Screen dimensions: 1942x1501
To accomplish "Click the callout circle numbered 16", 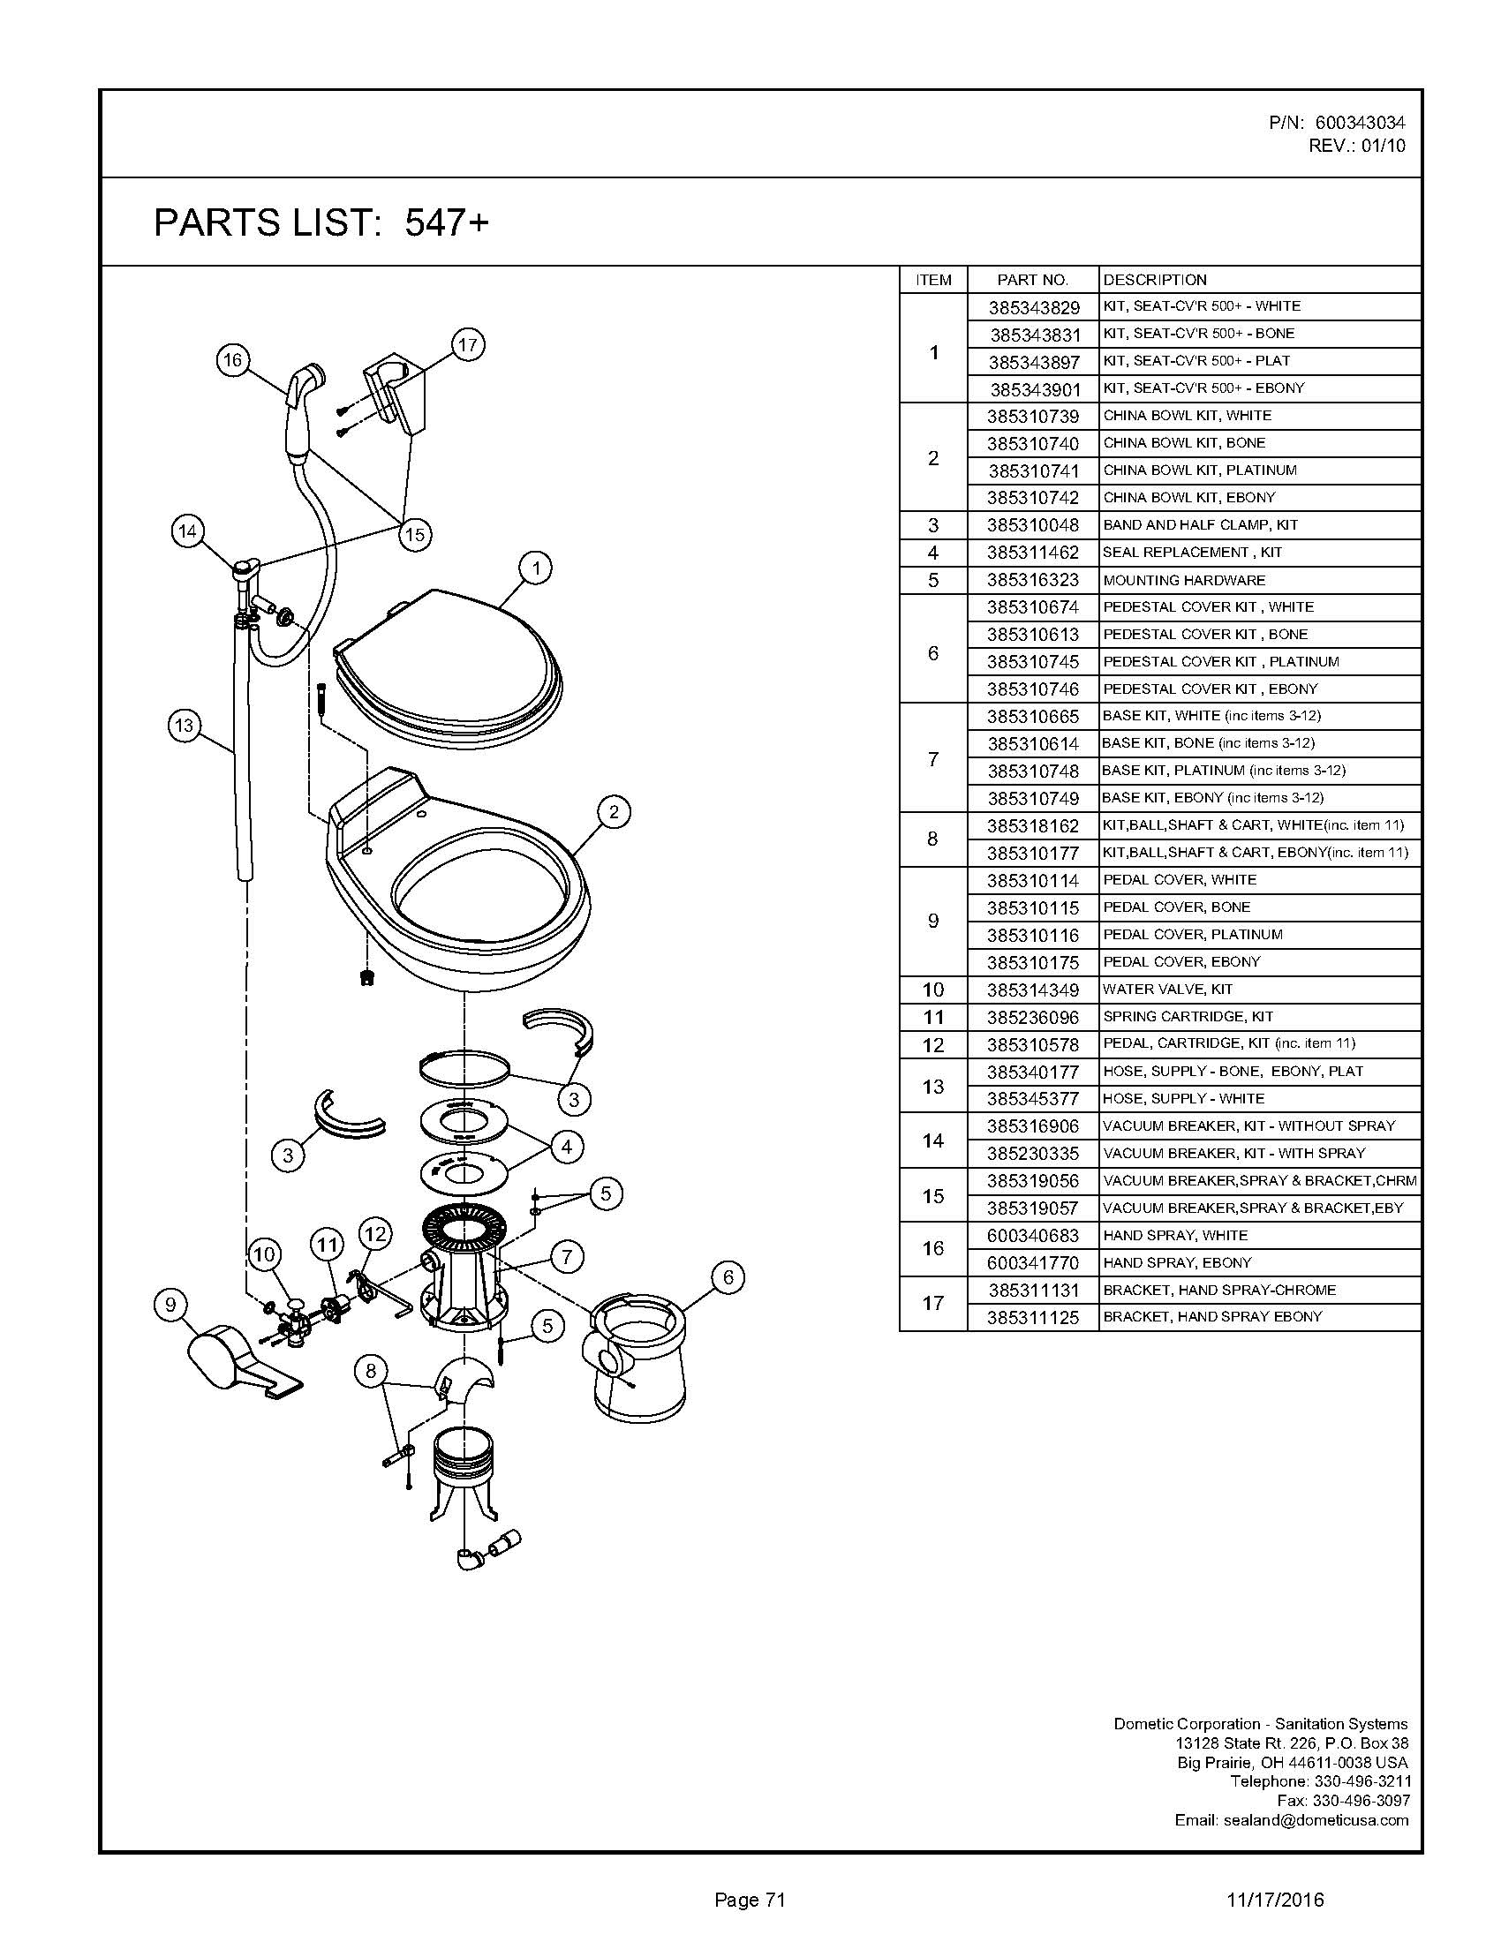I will click(x=232, y=360).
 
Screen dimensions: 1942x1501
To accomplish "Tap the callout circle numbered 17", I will click(x=468, y=344).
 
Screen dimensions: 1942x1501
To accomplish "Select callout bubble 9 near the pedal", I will click(x=170, y=1305).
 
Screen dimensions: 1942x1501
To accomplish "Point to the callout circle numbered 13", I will click(x=184, y=725).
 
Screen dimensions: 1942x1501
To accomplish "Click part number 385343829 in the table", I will click(x=1033, y=308).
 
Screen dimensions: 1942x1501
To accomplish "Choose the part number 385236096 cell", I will click(x=1033, y=1016).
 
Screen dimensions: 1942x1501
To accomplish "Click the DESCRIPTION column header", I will click(x=1154, y=280).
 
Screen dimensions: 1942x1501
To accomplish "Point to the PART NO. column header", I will click(x=1032, y=280).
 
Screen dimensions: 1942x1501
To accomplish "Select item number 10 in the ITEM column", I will click(x=932, y=990).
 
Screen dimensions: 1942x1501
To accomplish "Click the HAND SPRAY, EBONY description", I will click(x=1176, y=1262).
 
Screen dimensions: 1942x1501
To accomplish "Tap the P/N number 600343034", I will click(x=1360, y=123).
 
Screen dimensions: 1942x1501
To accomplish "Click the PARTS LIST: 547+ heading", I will click(x=321, y=222).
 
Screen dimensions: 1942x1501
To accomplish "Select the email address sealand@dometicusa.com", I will click(x=1316, y=1819).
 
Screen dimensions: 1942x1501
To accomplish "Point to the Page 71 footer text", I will click(x=750, y=1900).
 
